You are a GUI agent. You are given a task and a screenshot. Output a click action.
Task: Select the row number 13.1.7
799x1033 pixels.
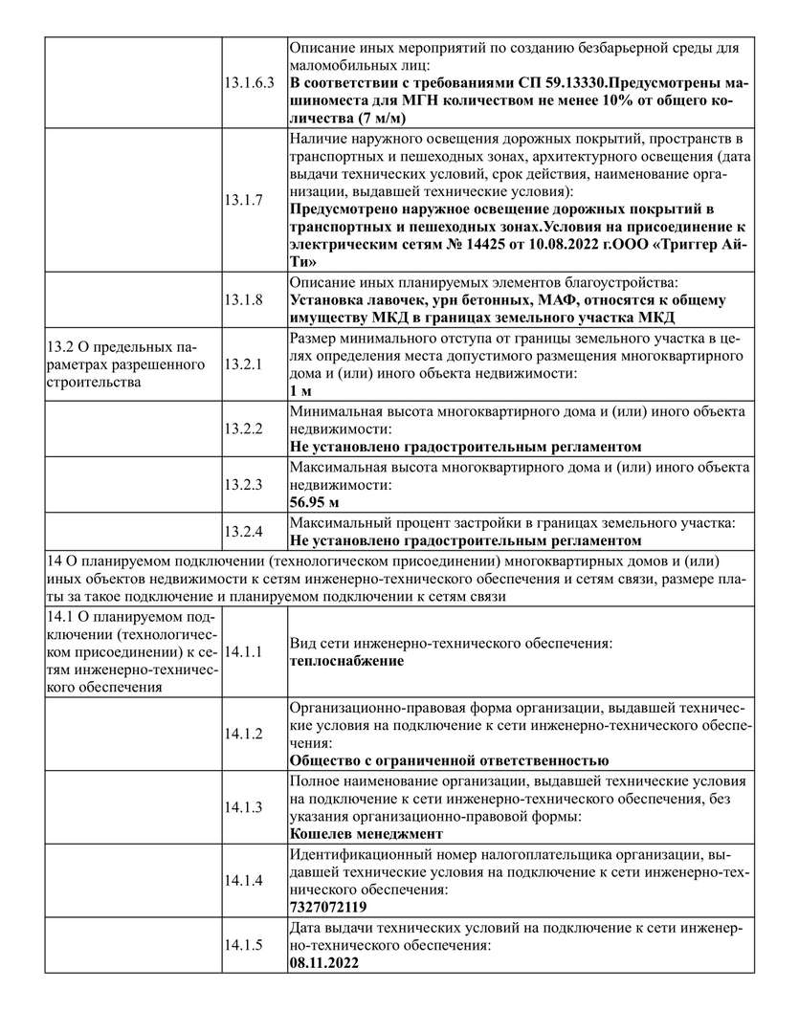pos(243,200)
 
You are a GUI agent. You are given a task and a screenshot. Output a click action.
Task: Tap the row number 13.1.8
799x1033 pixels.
pos(243,299)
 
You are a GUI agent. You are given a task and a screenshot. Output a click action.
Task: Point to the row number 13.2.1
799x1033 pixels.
pos(243,364)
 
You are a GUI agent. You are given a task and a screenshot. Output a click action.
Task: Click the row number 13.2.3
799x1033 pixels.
pos(243,484)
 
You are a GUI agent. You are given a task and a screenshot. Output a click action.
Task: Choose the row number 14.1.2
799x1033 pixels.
pos(243,734)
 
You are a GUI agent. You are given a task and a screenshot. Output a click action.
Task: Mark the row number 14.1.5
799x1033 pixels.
pos(243,945)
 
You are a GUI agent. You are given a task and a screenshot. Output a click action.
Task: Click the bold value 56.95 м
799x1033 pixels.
pos(317,501)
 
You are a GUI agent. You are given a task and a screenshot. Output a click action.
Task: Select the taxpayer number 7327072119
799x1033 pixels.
pos(327,907)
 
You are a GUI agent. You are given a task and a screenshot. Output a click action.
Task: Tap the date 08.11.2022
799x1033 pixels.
pos(323,962)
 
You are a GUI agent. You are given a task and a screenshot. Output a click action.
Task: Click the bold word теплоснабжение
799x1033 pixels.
pos(345,661)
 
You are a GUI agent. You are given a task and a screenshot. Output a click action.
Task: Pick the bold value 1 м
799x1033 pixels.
pos(300,390)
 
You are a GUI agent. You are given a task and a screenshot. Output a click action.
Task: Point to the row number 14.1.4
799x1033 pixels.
pos(243,880)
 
